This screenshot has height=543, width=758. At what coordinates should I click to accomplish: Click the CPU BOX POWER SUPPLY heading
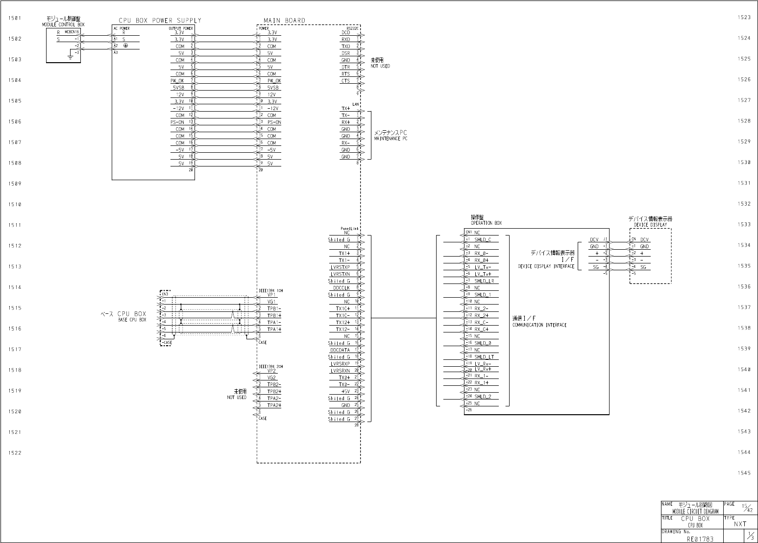(x=160, y=21)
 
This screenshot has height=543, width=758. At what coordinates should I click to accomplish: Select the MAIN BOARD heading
(x=284, y=21)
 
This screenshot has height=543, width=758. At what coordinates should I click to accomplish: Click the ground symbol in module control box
(x=71, y=58)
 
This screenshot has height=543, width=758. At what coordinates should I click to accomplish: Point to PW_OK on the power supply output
(x=177, y=81)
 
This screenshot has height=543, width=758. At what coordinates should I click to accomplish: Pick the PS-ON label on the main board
(x=274, y=122)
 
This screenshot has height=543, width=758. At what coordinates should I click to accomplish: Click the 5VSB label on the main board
(x=273, y=88)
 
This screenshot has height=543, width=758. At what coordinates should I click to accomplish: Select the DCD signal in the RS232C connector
(x=346, y=33)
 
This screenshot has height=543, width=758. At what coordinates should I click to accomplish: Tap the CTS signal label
(x=346, y=81)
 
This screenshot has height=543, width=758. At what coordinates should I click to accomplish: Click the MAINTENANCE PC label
(x=390, y=139)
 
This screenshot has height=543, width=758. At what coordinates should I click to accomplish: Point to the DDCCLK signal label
(x=341, y=288)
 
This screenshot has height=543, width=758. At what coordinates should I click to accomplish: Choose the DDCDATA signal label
(x=340, y=350)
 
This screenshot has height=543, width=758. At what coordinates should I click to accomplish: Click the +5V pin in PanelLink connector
(x=345, y=391)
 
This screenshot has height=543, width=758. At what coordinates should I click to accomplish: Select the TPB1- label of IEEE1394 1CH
(x=274, y=308)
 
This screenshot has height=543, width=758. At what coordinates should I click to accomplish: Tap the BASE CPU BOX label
(x=132, y=320)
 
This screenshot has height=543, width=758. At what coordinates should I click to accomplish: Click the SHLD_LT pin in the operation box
(x=484, y=357)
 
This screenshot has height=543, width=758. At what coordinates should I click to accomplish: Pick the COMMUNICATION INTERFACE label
(x=539, y=325)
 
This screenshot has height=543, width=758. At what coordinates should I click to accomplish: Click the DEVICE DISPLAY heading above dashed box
(x=650, y=225)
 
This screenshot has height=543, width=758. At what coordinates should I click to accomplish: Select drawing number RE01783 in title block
(x=700, y=539)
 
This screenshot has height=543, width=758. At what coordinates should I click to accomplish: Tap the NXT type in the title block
(x=740, y=524)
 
